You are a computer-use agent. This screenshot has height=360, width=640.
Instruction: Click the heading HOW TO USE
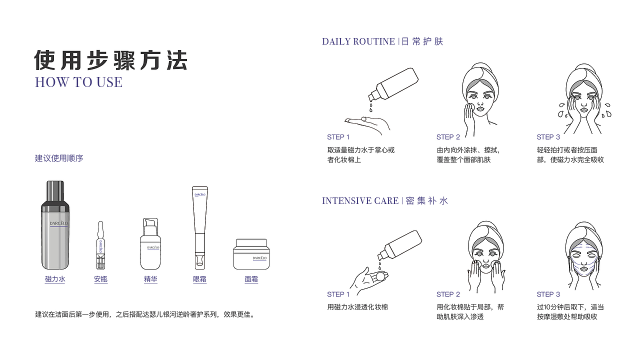coord(78,82)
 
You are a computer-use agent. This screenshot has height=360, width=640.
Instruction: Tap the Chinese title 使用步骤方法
coord(110,60)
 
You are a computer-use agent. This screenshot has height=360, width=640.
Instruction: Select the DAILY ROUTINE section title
coord(358,41)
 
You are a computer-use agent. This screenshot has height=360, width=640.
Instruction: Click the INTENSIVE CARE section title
coord(360,201)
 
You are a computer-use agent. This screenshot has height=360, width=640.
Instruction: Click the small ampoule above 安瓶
coord(100,245)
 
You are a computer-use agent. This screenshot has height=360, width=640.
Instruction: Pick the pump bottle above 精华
coord(150,244)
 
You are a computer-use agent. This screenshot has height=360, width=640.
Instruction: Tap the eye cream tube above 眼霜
coord(199,227)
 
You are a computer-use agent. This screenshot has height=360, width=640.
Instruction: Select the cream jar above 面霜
coord(251,254)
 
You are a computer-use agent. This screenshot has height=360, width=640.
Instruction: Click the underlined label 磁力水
coord(55,279)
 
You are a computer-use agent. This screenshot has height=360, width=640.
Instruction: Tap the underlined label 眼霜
coord(199,279)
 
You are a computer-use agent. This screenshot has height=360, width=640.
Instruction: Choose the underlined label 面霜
coord(251,279)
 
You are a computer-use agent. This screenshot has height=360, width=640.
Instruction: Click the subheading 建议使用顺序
coord(59,158)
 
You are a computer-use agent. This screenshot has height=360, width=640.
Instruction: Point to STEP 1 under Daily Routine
coord(338,137)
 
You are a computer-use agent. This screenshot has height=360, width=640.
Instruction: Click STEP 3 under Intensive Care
coord(548,294)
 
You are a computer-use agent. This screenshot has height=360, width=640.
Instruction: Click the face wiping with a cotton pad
coord(478,97)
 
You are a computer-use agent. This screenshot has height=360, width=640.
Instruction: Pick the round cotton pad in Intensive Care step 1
coord(380,275)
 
